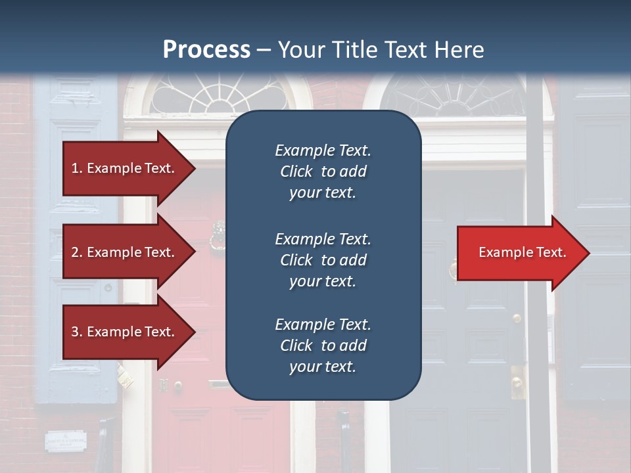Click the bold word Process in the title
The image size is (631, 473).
tap(206, 50)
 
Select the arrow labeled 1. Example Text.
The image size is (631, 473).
tap(125, 168)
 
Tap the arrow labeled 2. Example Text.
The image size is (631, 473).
tap(125, 252)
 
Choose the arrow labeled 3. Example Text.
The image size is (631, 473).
tap(125, 332)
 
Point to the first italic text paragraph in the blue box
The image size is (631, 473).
tap(323, 171)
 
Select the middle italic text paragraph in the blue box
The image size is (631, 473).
tap(323, 260)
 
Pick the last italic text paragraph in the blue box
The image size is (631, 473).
tap(323, 346)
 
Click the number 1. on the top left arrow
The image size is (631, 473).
tap(77, 168)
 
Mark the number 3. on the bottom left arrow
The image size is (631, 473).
tap(77, 332)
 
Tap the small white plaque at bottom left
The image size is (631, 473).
tap(66, 440)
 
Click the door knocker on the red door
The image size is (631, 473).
tap(216, 236)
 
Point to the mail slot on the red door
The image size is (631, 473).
tap(219, 384)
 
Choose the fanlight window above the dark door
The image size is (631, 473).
tap(454, 95)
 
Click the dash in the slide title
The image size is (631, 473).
tap(264, 50)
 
